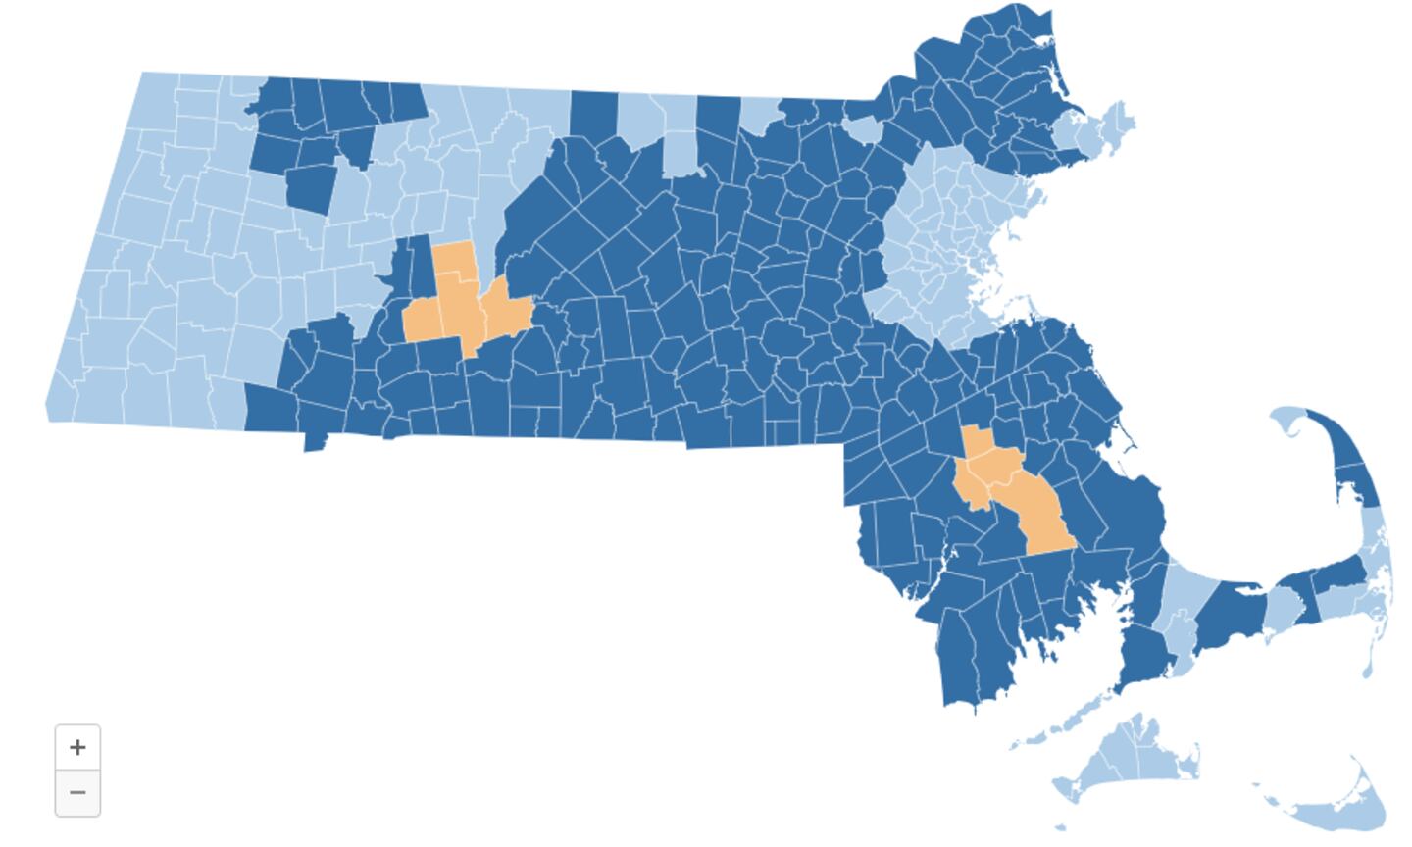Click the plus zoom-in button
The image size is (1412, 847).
point(77,747)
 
